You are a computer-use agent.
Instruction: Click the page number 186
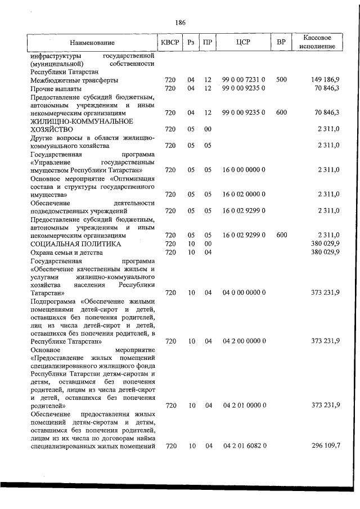pyautogui.click(x=180, y=22)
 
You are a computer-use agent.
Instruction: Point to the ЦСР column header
pyautogui.click(x=244, y=43)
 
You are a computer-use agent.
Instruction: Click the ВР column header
pyautogui.click(x=281, y=43)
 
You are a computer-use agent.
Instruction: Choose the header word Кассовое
pyautogui.click(x=317, y=38)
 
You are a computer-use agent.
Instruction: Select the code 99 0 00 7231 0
pyautogui.click(x=244, y=80)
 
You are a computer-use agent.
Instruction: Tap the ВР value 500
pyautogui.click(x=281, y=80)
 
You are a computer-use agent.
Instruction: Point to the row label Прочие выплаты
pyautogui.click(x=56, y=88)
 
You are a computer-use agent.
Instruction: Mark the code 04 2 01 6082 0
pyautogui.click(x=244, y=446)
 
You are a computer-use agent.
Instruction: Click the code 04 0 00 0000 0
pyautogui.click(x=244, y=292)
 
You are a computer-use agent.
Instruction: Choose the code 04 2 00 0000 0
pyautogui.click(x=244, y=341)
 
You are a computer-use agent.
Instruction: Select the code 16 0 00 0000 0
pyautogui.click(x=244, y=169)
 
